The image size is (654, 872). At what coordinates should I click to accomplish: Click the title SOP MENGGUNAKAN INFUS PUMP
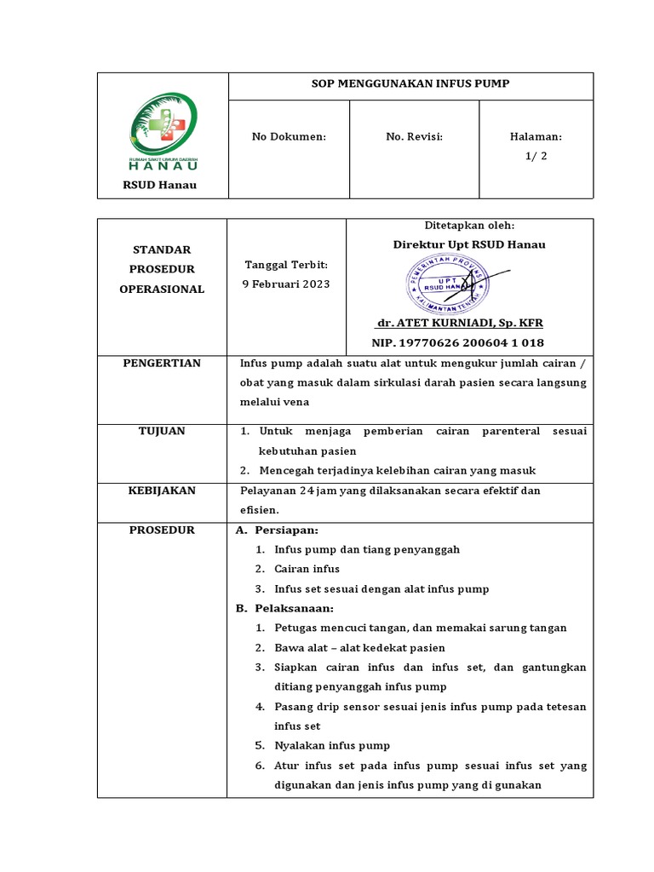[x=411, y=84]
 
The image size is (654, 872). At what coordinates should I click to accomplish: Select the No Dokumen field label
[x=289, y=136]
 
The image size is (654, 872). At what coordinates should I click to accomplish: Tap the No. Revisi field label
[x=414, y=136]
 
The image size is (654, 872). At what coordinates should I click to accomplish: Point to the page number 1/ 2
[x=536, y=155]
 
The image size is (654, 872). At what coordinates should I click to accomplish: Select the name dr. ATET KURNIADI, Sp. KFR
[x=459, y=324]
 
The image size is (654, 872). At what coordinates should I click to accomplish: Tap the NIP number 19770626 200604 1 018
[x=457, y=342]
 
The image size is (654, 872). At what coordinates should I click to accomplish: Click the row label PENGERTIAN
[x=162, y=364]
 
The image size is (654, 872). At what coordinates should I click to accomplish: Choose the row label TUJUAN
[x=162, y=432]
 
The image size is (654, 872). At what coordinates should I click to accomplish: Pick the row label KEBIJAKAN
[x=162, y=490]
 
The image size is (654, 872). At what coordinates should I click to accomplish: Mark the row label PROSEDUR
[x=162, y=530]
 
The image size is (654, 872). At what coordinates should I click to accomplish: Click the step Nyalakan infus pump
[x=331, y=745]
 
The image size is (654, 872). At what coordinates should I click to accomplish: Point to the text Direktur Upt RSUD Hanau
[x=468, y=244]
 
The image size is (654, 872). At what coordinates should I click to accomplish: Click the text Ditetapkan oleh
[x=469, y=226]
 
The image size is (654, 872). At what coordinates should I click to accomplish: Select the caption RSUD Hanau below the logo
[x=160, y=186]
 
